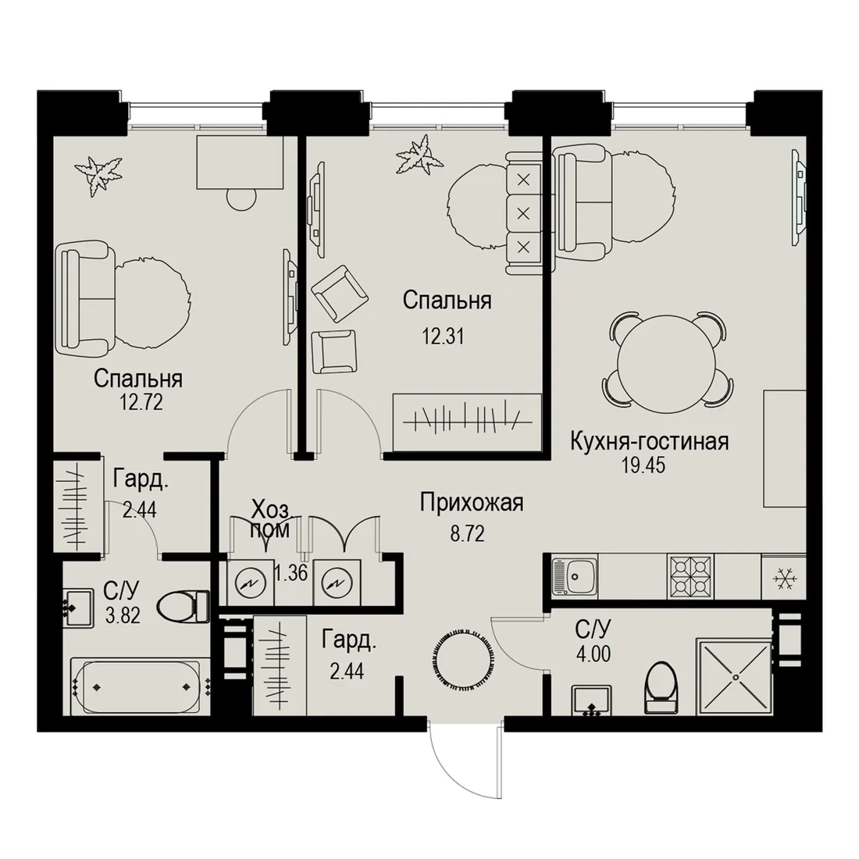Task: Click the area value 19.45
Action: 643,465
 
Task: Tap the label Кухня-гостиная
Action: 650,441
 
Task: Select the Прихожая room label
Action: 472,502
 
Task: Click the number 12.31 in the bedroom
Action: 443,335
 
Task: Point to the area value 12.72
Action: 141,403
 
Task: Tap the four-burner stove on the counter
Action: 690,577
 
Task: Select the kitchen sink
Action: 574,576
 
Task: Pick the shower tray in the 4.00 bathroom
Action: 734,676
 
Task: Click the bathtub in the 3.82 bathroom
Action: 141,686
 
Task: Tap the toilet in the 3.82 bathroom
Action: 183,607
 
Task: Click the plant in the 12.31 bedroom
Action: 419,155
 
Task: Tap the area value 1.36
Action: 290,573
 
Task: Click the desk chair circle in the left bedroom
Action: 241,198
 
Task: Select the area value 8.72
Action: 467,533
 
